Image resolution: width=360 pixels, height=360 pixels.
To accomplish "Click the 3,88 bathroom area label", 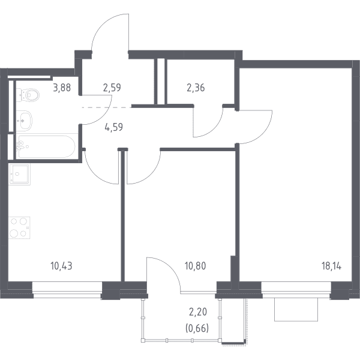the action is tap(62, 88).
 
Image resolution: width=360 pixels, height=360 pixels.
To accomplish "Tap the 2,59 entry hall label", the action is tap(112, 88).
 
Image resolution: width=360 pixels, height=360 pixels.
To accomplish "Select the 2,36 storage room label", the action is tap(196, 88).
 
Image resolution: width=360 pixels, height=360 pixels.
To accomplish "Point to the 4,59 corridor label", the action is tap(113, 127).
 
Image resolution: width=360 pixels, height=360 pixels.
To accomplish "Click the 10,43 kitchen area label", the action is tap(61, 266).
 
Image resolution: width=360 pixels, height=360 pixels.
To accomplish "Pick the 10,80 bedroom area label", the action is tap(196, 266).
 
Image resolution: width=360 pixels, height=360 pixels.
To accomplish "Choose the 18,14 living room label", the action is tap(331, 266).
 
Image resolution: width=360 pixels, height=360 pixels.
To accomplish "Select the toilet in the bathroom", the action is tap(28, 95).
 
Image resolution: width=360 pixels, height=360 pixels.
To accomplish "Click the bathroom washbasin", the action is tap(24, 121).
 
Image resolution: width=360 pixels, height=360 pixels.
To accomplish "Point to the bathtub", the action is tap(46, 147).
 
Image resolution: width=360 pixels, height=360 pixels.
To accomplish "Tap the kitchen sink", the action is tap(19, 174).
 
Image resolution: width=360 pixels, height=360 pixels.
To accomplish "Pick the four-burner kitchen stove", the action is tap(19, 227).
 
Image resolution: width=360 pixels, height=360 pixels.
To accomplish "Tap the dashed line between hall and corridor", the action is tap(107, 107).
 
